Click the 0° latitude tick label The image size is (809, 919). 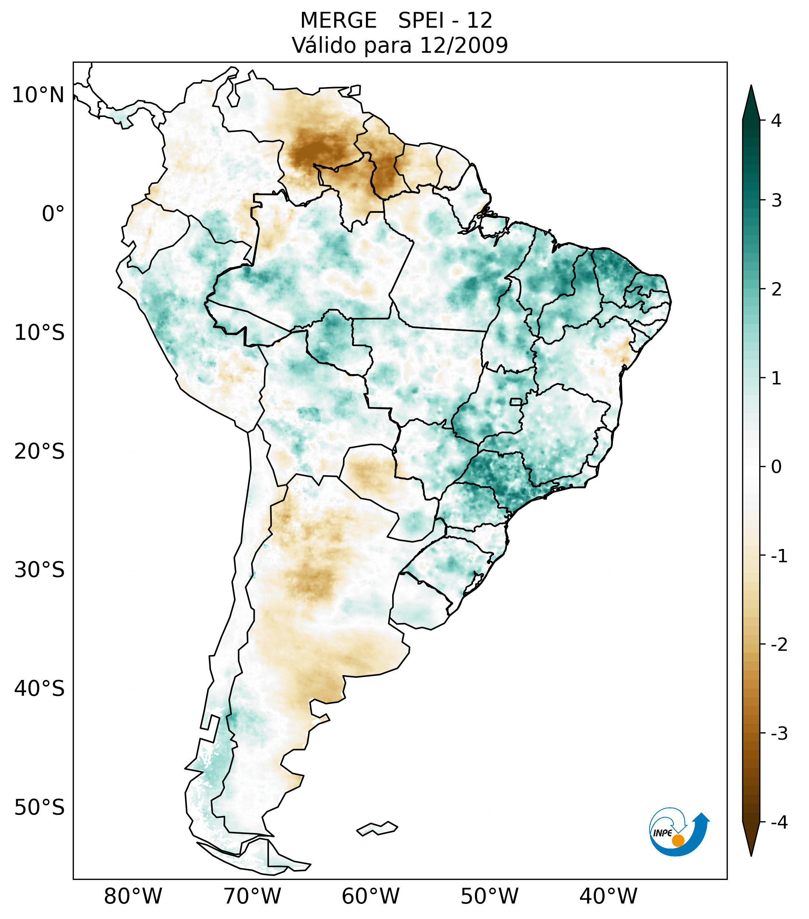click(x=53, y=214)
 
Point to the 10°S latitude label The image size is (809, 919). click(x=40, y=333)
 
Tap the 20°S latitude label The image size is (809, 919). click(x=40, y=452)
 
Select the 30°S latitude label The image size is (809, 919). click(x=40, y=570)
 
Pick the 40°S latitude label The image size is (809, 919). click(x=40, y=689)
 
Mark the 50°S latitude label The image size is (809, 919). click(x=40, y=808)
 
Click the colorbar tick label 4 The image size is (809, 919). click(x=776, y=121)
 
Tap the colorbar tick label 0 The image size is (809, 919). click(x=776, y=467)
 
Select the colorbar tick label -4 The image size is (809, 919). click(x=779, y=822)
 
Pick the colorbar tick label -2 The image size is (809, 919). click(x=779, y=645)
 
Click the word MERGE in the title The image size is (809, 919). click(x=338, y=21)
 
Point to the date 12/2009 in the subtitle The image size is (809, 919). click(x=464, y=45)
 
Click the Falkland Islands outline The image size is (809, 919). click(x=377, y=829)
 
